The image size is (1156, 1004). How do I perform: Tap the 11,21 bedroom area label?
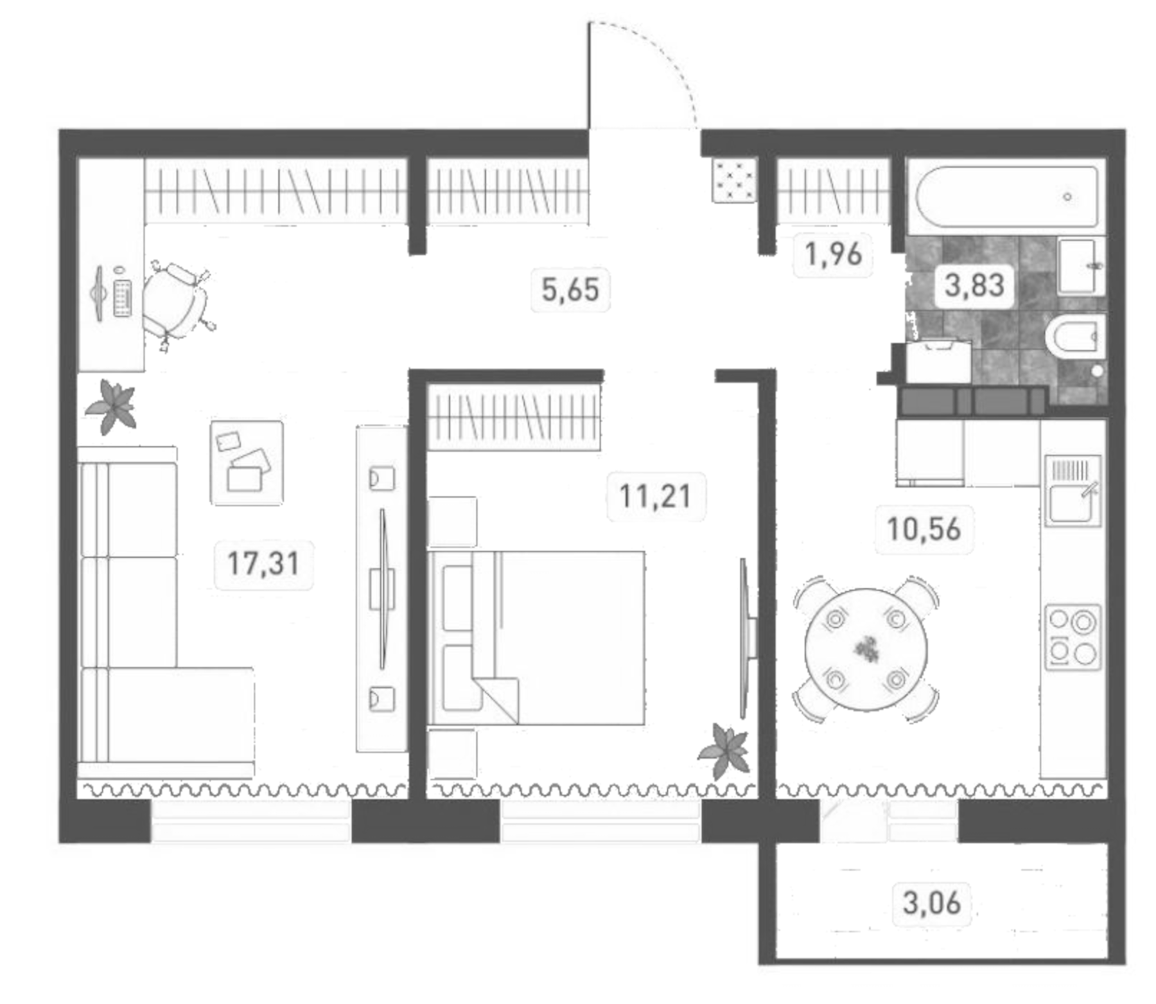[655, 497]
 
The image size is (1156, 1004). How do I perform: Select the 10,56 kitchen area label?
[924, 530]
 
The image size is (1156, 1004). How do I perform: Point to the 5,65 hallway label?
[570, 290]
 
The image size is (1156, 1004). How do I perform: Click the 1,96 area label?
[833, 254]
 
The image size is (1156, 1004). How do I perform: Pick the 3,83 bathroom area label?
[974, 285]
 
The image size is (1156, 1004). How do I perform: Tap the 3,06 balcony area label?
[931, 903]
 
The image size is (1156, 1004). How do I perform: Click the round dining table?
[866, 649]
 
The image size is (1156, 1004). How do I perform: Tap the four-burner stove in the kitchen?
[1072, 637]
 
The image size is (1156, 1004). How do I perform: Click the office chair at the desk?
[175, 302]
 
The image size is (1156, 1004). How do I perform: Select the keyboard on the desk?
[123, 299]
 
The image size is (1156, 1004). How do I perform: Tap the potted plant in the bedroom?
[724, 750]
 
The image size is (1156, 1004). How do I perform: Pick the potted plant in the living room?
[112, 405]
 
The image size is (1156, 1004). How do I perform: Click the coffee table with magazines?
[247, 462]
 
